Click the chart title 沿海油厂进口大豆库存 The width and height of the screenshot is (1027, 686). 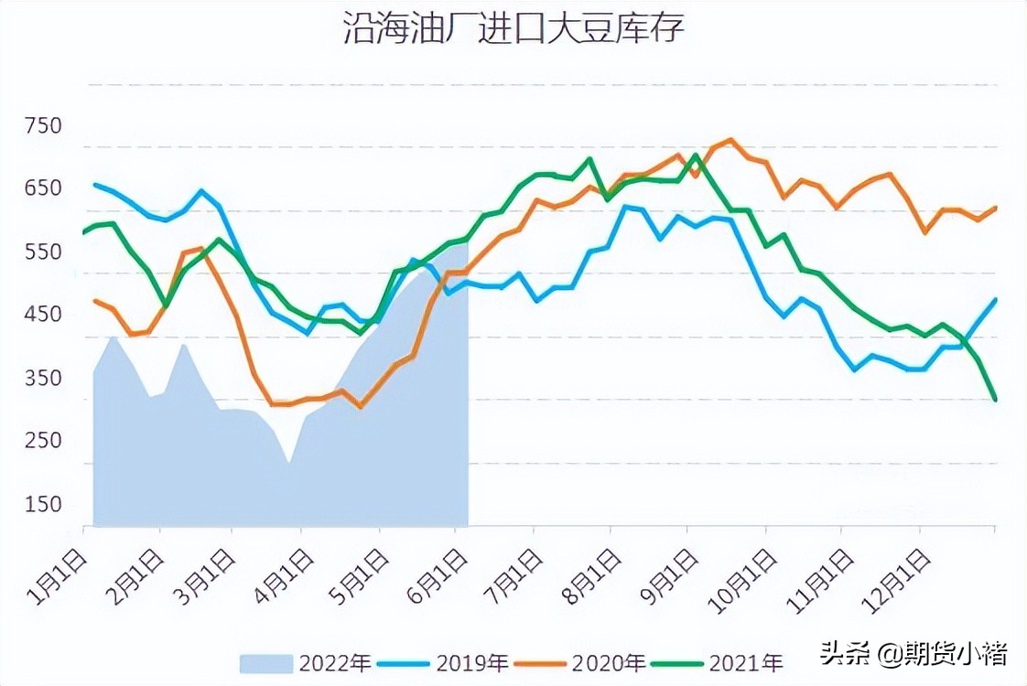coord(513,29)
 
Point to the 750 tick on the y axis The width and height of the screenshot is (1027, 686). coord(44,125)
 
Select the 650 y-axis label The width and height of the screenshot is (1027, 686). coord(44,188)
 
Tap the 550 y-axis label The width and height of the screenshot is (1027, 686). coord(44,252)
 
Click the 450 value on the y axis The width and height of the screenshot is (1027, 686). coord(44,315)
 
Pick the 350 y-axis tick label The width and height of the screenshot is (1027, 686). coord(44,378)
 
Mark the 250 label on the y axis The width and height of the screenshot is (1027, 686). coord(44,441)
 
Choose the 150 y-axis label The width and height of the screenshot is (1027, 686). coord(44,504)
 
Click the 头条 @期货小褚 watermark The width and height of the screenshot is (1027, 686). coord(913,653)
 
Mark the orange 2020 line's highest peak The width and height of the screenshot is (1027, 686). coord(730,140)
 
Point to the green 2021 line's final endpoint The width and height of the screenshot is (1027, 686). coord(995,400)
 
